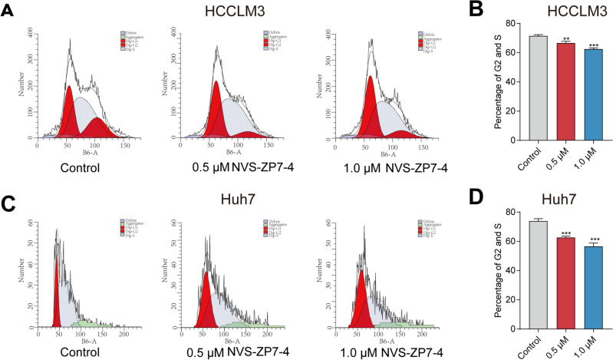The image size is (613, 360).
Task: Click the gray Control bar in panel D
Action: tap(522, 274)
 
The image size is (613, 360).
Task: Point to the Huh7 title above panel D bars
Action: tap(550, 196)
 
